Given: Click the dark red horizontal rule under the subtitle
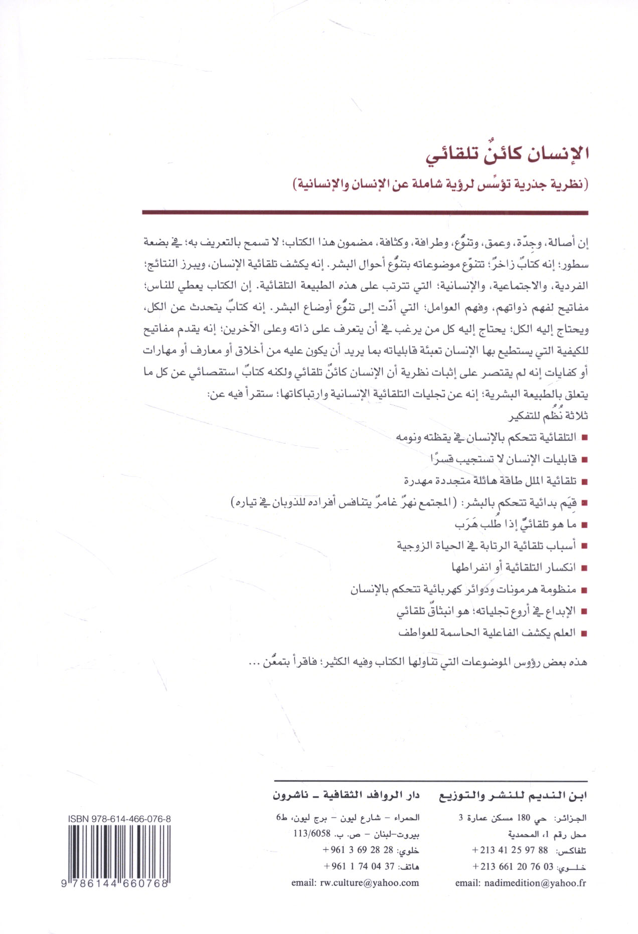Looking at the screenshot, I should [365, 213].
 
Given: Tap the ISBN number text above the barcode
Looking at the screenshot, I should [119, 819].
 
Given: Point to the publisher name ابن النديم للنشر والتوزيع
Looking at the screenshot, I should [513, 796].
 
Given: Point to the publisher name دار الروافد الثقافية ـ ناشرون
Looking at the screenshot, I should [346, 796].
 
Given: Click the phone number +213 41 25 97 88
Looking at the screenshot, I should [510, 850].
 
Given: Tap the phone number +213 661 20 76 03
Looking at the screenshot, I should [513, 867].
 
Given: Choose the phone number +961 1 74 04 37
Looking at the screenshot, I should [359, 866].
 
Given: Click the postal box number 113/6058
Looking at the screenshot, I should [312, 834].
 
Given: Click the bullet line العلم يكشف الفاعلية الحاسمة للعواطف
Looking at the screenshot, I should [487, 633].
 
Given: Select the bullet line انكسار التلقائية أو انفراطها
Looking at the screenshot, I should [513, 568].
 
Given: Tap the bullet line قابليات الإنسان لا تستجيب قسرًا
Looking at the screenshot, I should [504, 459].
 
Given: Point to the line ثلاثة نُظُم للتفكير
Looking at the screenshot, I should [548, 416].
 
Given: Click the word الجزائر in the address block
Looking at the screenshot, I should [570, 818].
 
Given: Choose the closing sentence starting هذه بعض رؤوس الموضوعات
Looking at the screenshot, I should [418, 662].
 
